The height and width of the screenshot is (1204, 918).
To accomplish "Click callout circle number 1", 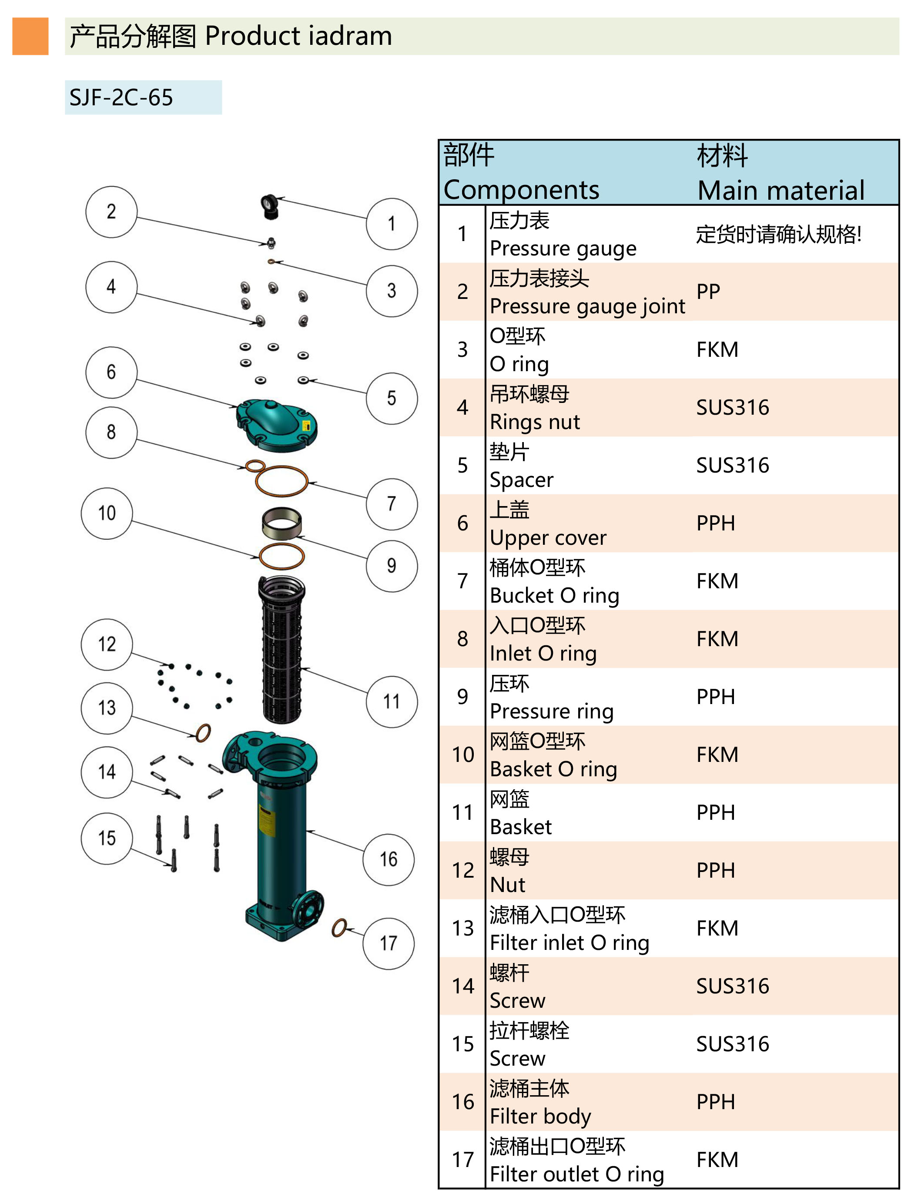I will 391,224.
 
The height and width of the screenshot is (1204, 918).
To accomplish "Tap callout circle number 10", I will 107,513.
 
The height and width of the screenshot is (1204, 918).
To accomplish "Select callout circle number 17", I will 388,943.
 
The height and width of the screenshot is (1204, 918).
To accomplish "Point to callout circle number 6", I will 111,372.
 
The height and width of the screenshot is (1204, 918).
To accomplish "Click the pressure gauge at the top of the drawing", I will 269,206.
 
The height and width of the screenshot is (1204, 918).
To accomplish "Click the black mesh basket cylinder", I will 281,651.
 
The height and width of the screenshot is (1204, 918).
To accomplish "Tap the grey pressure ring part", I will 281,523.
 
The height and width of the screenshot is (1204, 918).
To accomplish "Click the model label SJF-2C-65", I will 121,98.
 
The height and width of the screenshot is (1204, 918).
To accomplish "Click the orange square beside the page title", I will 30,36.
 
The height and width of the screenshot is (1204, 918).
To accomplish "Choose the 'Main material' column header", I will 781,190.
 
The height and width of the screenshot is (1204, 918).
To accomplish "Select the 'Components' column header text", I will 521,190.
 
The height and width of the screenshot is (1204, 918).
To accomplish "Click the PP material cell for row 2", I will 708,292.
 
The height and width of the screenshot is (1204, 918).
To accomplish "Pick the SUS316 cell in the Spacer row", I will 732,466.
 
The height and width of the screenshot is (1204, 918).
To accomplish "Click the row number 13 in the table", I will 463,928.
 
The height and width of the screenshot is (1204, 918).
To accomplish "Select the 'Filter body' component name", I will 540,1116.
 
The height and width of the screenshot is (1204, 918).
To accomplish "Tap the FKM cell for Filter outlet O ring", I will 717,1160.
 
